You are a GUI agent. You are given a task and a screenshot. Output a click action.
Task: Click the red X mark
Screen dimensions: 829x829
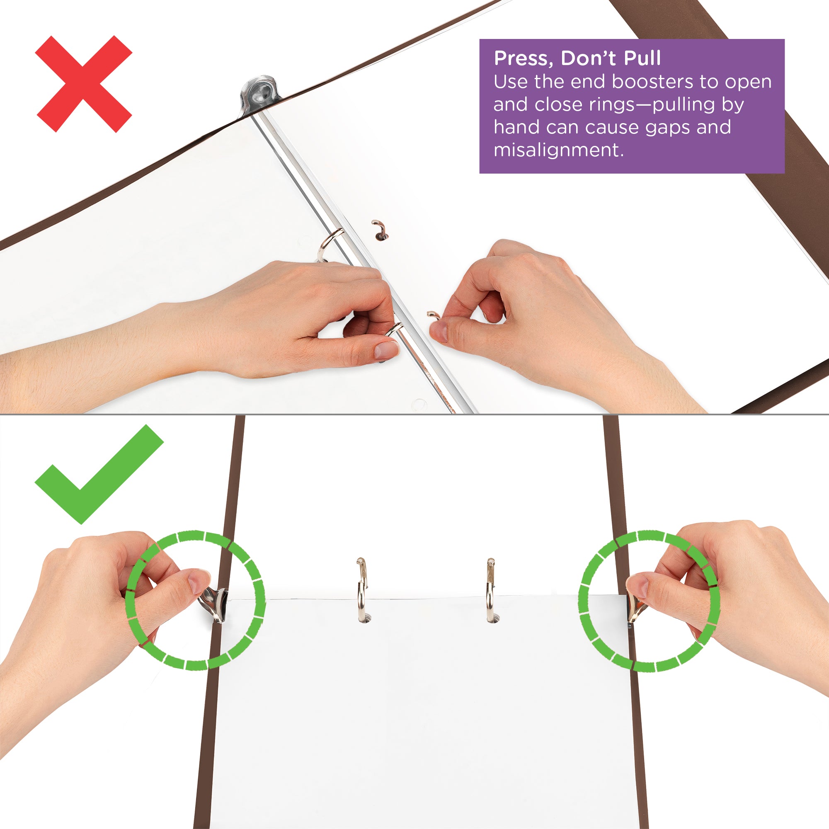[x=84, y=84]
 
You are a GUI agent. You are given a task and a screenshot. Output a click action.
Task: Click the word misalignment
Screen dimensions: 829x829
[x=558, y=150]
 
